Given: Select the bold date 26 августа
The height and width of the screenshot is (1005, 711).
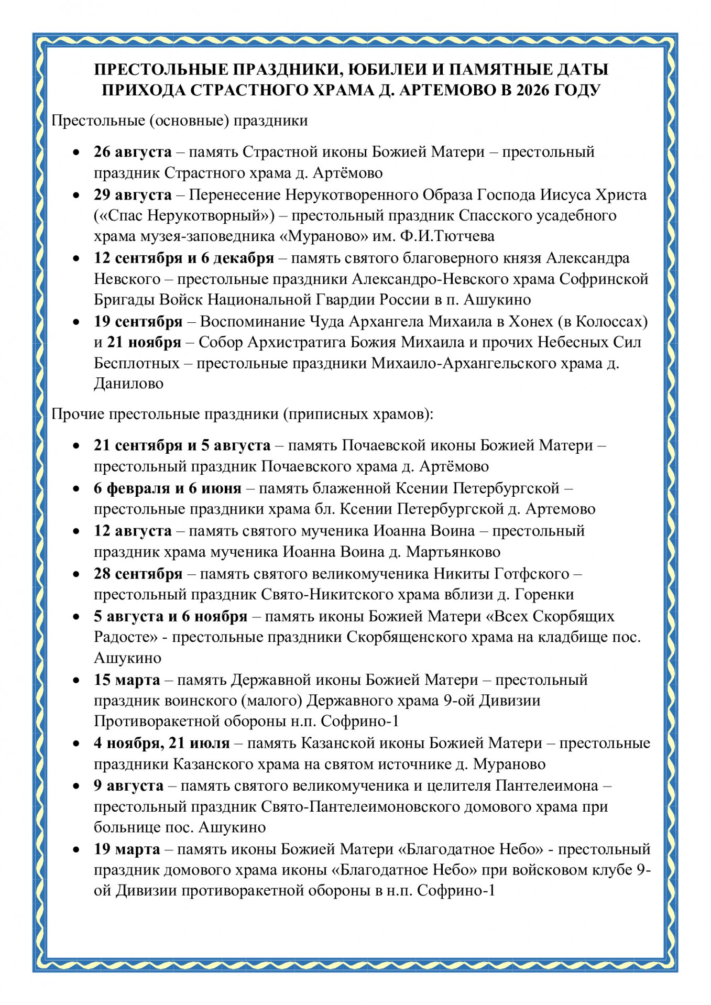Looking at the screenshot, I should tap(133, 152).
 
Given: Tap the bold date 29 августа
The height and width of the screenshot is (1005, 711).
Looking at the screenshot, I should tap(133, 195).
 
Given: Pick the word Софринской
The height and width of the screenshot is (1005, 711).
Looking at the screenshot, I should tap(604, 279).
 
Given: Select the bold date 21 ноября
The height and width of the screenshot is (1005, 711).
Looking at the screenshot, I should tap(144, 342).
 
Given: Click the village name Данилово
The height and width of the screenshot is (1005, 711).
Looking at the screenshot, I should tap(128, 384).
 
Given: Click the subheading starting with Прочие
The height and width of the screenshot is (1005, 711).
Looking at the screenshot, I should tap(243, 414).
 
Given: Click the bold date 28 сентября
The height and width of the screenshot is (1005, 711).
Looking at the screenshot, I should tap(138, 574).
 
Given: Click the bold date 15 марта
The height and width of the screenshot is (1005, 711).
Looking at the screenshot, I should tap(127, 680).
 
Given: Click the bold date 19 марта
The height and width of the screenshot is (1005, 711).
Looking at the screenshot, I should tap(127, 849).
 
